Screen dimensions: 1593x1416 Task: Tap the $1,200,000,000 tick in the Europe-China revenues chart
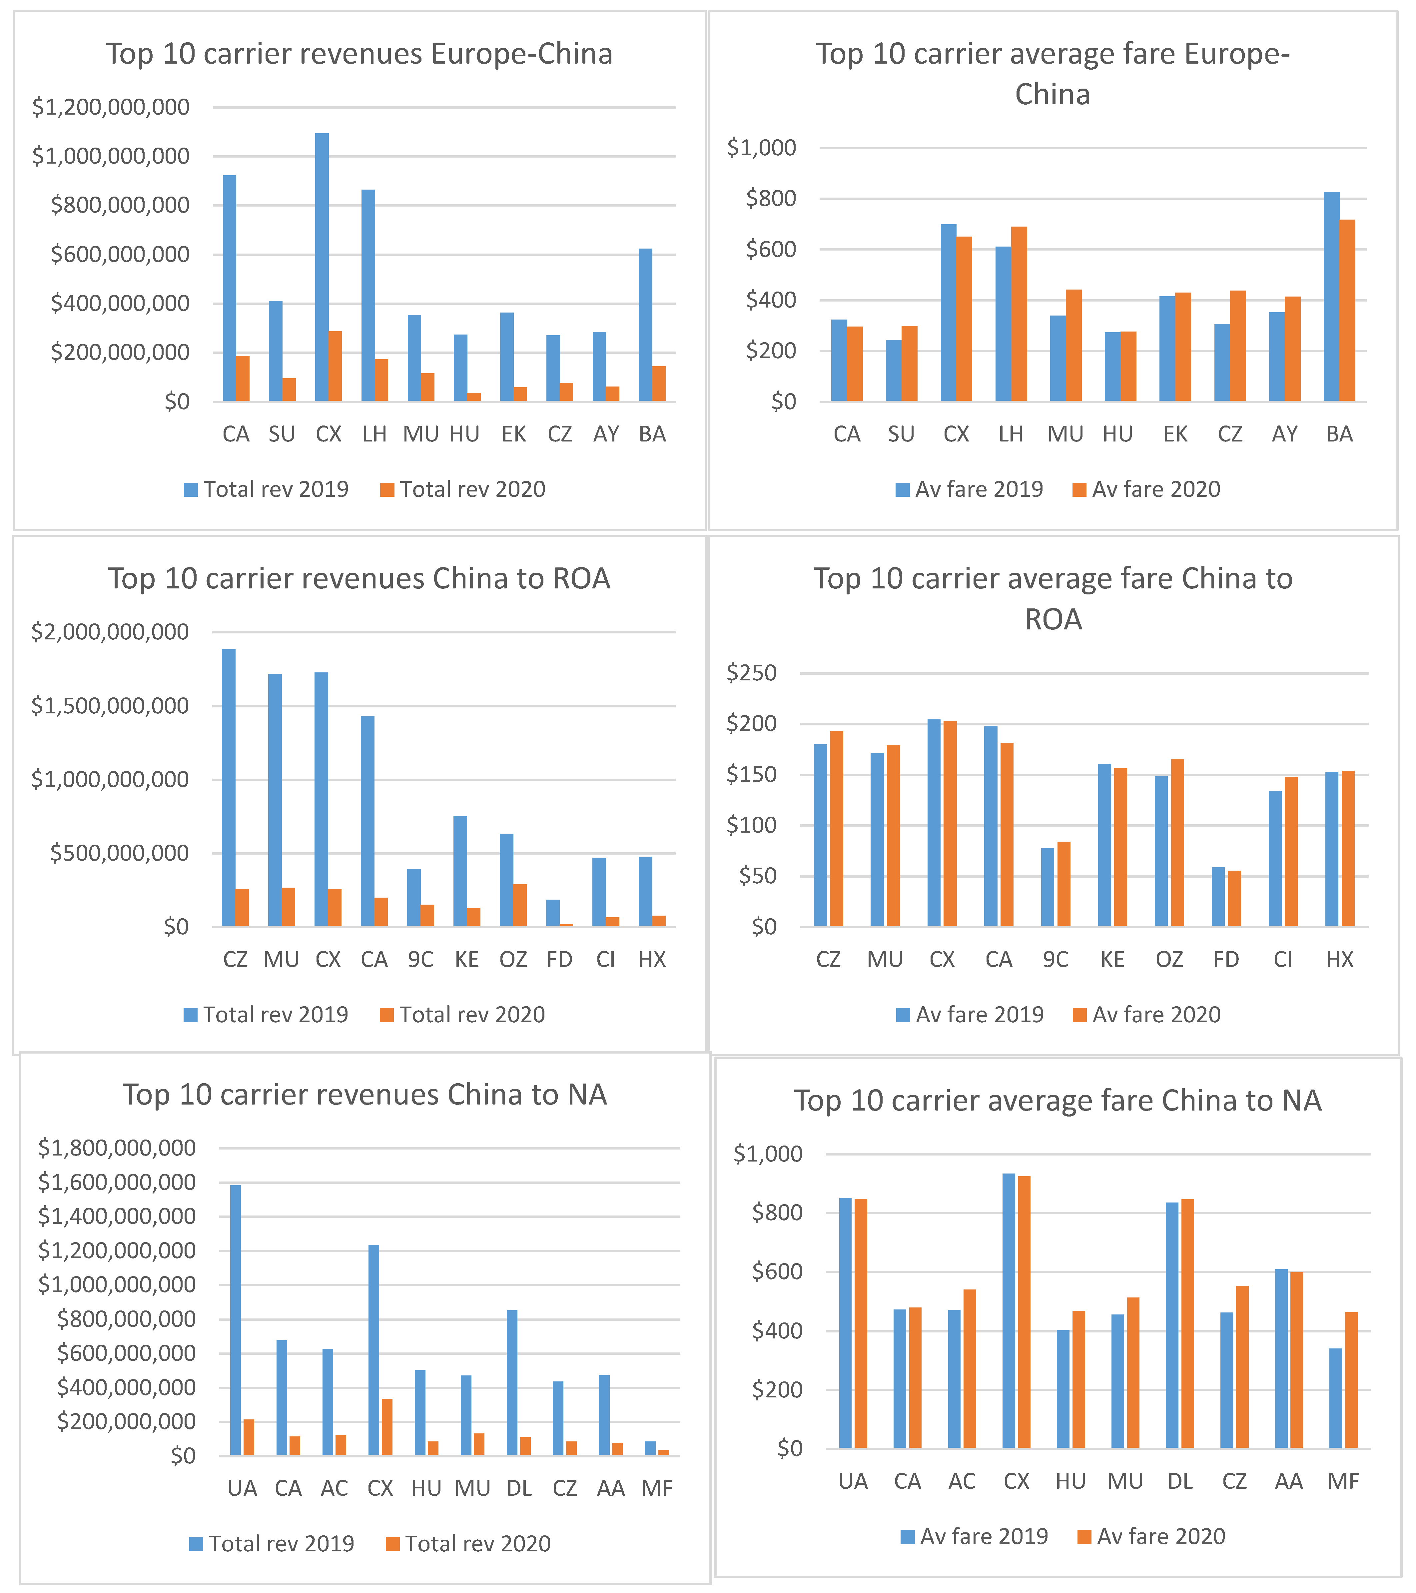pyautogui.click(x=111, y=107)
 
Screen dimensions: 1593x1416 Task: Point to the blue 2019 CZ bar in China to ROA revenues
pyautogui.click(x=228, y=787)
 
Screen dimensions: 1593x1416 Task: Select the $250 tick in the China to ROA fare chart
pyautogui.click(x=751, y=673)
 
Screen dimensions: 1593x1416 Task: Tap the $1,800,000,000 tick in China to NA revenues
pyautogui.click(x=117, y=1148)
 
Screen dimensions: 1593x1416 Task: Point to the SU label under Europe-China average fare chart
pyautogui.click(x=901, y=434)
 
